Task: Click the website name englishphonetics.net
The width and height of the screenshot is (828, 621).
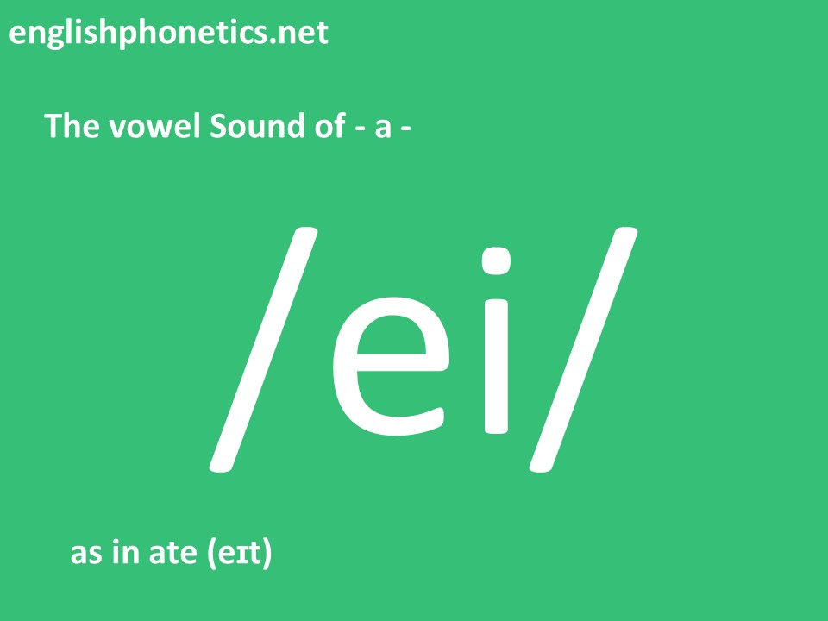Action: click(x=169, y=34)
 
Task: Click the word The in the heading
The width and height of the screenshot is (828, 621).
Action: click(x=72, y=126)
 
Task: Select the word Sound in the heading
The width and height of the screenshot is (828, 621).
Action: click(x=257, y=126)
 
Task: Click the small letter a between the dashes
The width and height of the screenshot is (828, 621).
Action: click(x=383, y=129)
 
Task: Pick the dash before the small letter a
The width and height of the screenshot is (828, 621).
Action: click(x=361, y=129)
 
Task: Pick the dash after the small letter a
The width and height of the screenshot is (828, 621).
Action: click(x=406, y=129)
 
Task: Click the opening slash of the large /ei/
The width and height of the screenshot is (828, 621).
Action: click(x=264, y=349)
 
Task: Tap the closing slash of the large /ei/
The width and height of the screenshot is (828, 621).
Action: click(x=584, y=349)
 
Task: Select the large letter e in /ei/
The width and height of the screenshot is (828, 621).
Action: click(x=391, y=367)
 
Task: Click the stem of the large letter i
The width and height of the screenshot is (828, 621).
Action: click(x=496, y=367)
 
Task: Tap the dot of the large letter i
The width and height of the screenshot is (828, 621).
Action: click(x=496, y=260)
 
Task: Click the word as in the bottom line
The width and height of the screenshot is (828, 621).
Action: click(x=86, y=554)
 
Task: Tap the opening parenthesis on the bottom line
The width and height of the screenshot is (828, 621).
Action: click(x=210, y=554)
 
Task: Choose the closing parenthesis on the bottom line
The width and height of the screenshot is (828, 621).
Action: click(x=267, y=554)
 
